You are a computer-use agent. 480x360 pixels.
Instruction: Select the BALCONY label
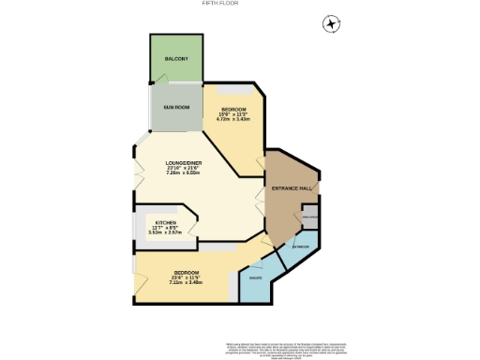coord(176,59)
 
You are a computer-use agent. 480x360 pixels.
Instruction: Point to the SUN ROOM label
coord(176,108)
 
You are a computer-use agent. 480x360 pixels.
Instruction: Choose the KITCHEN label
coord(164,223)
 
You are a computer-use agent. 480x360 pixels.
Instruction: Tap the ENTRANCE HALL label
coord(292,190)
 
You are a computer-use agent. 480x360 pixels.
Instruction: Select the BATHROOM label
coord(300,247)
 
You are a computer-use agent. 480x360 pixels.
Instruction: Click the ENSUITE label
coord(252,277)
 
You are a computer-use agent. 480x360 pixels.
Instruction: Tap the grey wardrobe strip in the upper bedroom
coord(233,88)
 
